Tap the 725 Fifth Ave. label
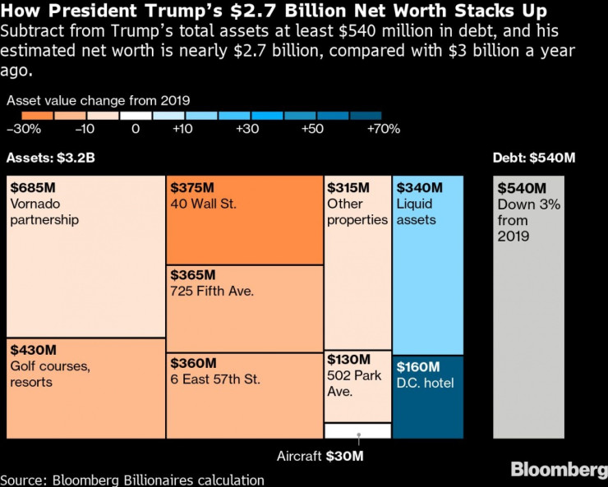(212, 291)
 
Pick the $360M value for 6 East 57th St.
(194, 363)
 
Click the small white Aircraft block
(357, 430)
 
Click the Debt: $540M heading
(529, 158)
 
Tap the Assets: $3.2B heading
(50, 158)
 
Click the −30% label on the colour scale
(24, 129)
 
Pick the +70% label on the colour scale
(384, 129)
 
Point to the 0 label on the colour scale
(136, 129)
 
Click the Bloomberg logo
(558, 470)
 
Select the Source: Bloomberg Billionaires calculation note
(132, 480)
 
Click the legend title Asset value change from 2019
(99, 100)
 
